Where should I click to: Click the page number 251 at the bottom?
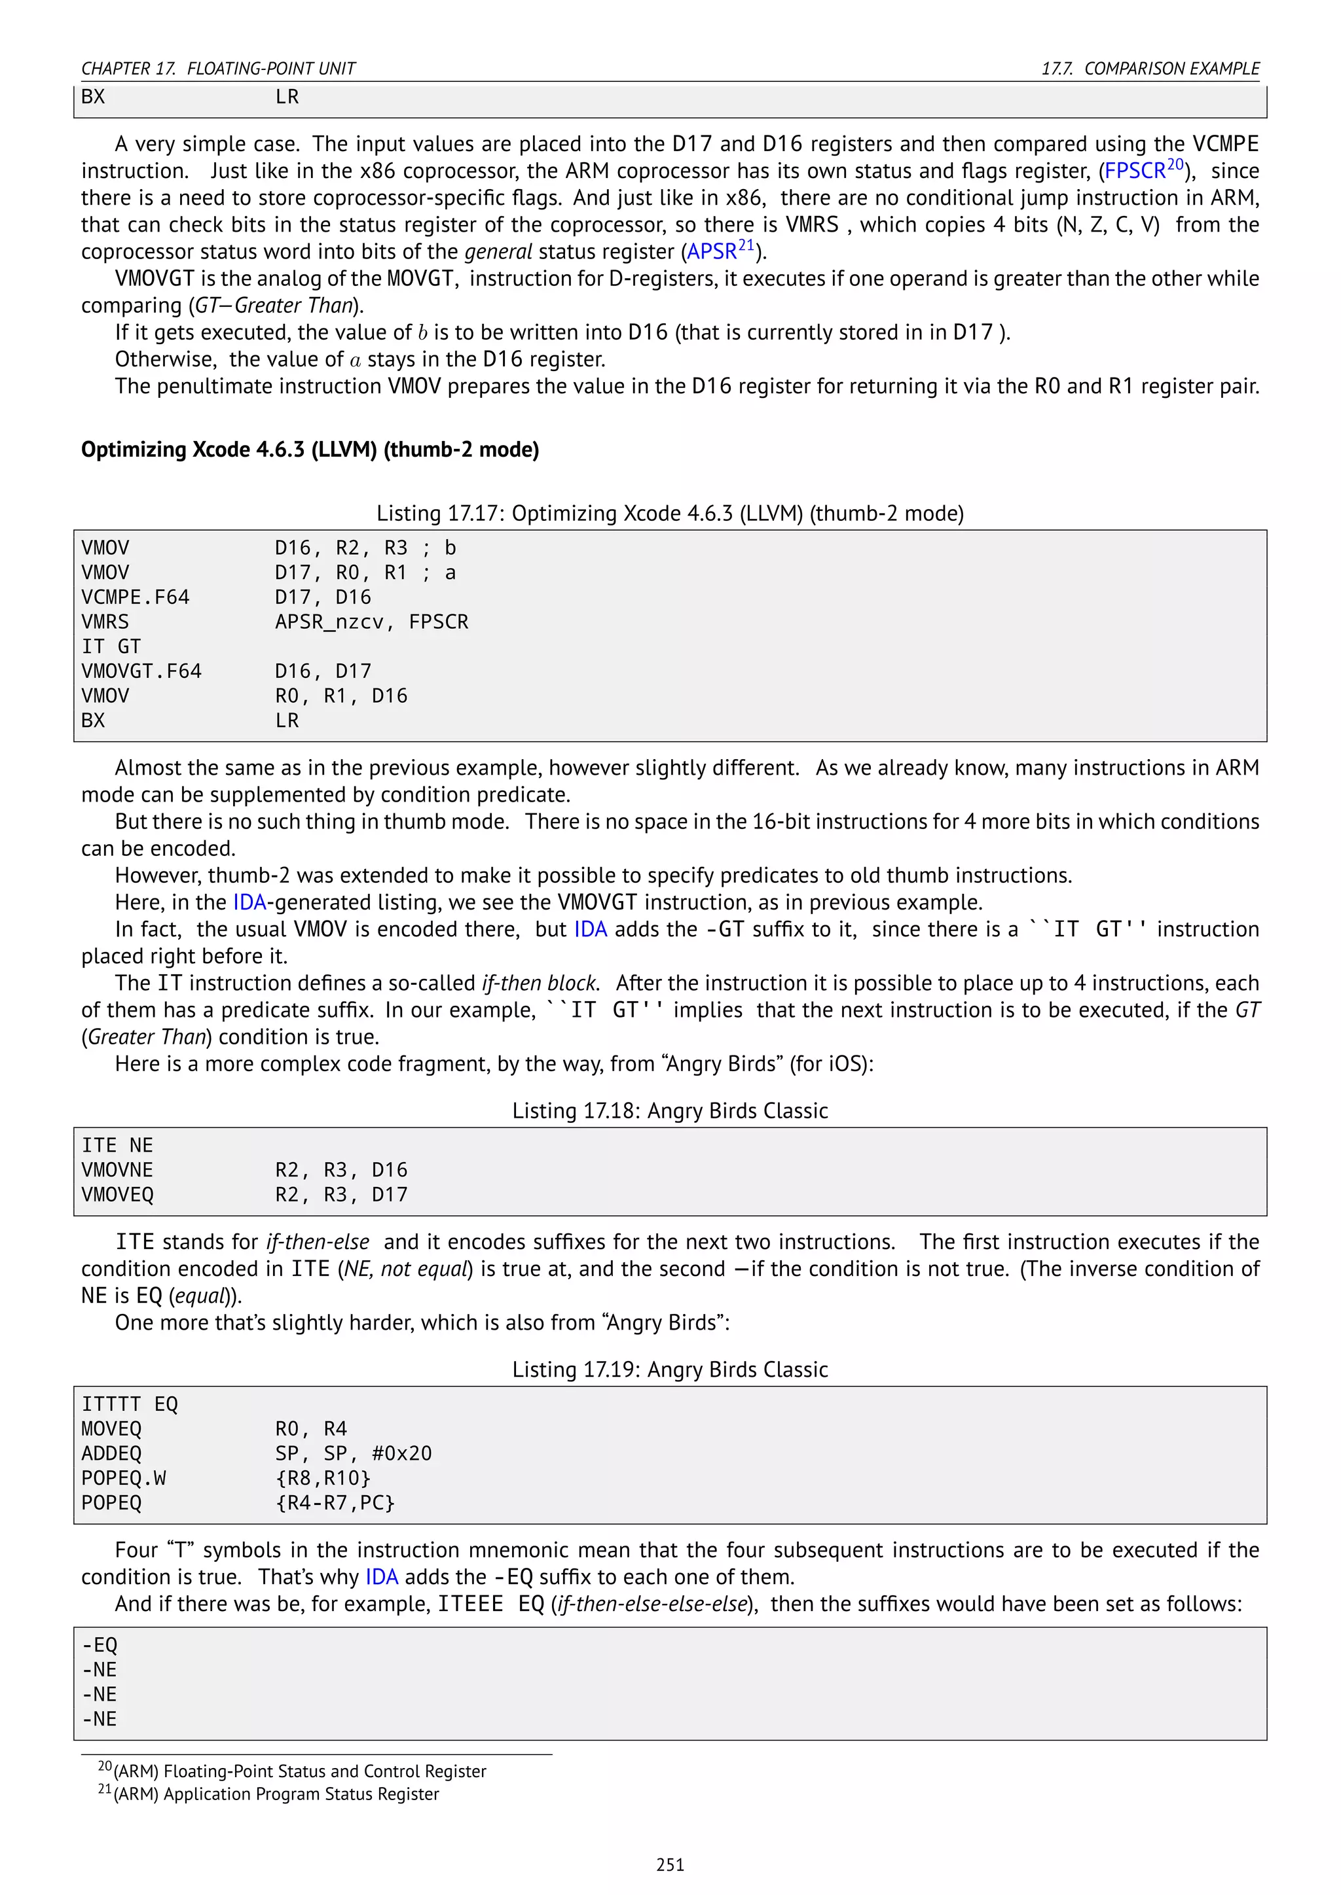(x=670, y=1864)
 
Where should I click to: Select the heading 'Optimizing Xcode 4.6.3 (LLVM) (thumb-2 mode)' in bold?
(x=310, y=450)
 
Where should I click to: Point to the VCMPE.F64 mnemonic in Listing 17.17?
(x=136, y=597)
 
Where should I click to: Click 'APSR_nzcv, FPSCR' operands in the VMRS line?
(x=371, y=622)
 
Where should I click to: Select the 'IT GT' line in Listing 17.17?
(x=111, y=646)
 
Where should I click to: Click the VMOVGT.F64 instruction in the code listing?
(x=141, y=671)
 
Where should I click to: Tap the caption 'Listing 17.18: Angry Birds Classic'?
(x=670, y=1111)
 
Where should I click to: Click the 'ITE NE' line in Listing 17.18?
(x=117, y=1146)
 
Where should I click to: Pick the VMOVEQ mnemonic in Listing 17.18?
(x=117, y=1194)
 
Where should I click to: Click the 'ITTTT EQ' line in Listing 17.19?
(x=130, y=1404)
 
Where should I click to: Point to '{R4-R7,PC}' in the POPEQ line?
(x=335, y=1503)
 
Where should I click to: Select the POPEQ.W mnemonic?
(x=123, y=1478)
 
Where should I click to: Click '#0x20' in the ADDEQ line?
(x=401, y=1453)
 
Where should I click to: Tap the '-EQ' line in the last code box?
(x=99, y=1645)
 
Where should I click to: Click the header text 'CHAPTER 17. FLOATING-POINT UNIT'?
(x=218, y=69)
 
